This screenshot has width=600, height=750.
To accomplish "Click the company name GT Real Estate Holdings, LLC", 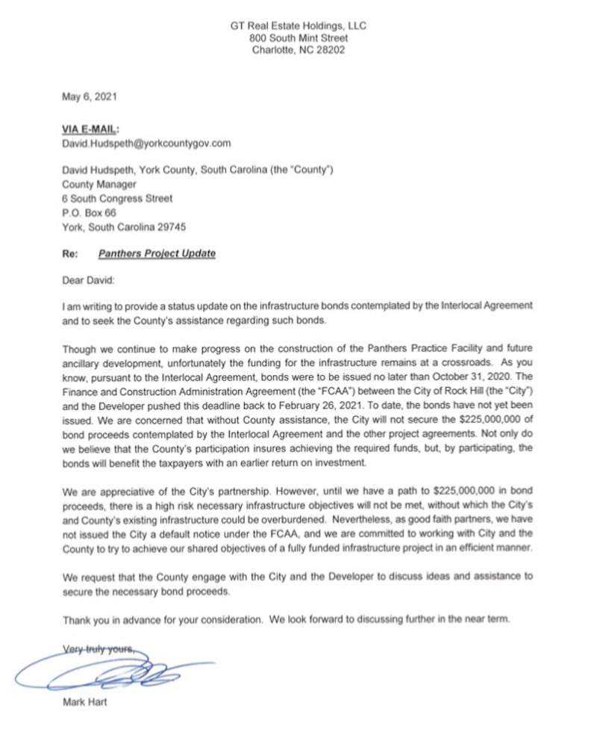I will (x=299, y=25).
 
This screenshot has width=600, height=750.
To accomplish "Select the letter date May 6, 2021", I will (x=90, y=96).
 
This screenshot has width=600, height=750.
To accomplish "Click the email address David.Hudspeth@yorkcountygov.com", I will (x=146, y=143).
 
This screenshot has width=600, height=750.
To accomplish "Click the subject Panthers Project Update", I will (x=157, y=253).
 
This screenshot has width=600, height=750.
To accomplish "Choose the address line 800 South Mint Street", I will (x=299, y=38).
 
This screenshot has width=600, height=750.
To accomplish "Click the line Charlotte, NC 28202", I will (x=299, y=51).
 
